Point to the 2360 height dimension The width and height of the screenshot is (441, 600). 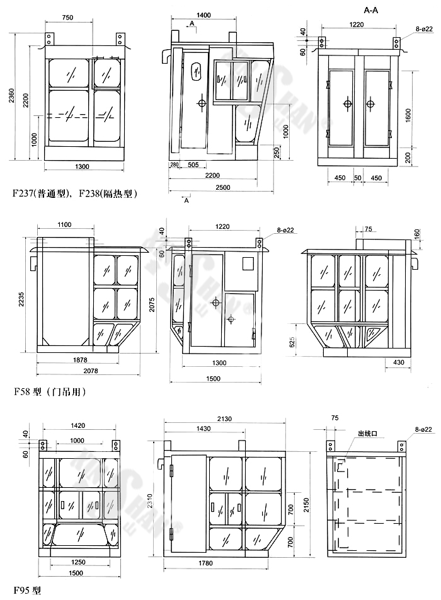(11, 95)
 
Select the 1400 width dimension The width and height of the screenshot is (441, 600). (203, 15)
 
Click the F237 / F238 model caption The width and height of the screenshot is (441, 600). (75, 193)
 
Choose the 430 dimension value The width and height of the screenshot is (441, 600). (398, 362)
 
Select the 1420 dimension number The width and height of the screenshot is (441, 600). (78, 426)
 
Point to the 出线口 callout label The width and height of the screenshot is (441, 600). (367, 434)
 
